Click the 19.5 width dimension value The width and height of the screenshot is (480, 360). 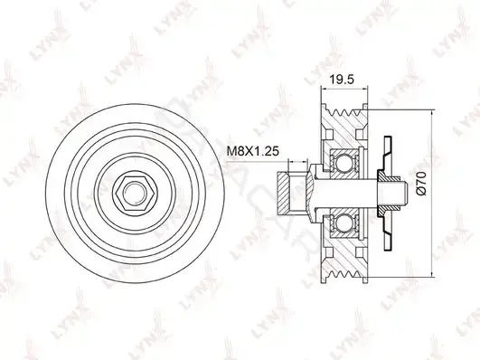342,80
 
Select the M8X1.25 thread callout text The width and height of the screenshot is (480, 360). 252,151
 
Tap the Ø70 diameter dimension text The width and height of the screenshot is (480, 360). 421,183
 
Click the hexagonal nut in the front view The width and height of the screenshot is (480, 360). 135,193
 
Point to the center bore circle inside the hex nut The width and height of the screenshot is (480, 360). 135,193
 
